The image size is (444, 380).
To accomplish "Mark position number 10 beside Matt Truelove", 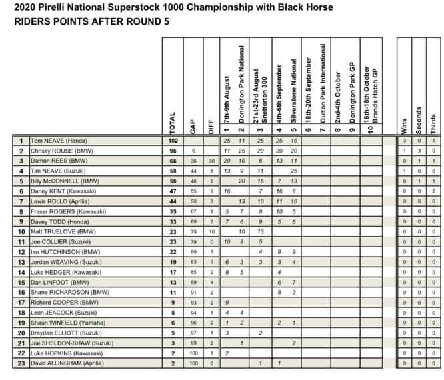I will [22, 231].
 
